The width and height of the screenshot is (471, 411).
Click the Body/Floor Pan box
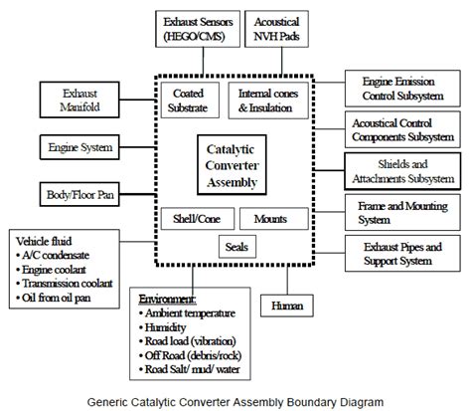78,192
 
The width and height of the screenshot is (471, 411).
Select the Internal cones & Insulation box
270,100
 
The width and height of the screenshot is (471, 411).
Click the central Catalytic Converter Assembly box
229,163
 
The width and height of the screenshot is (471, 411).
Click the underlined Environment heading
167,297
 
